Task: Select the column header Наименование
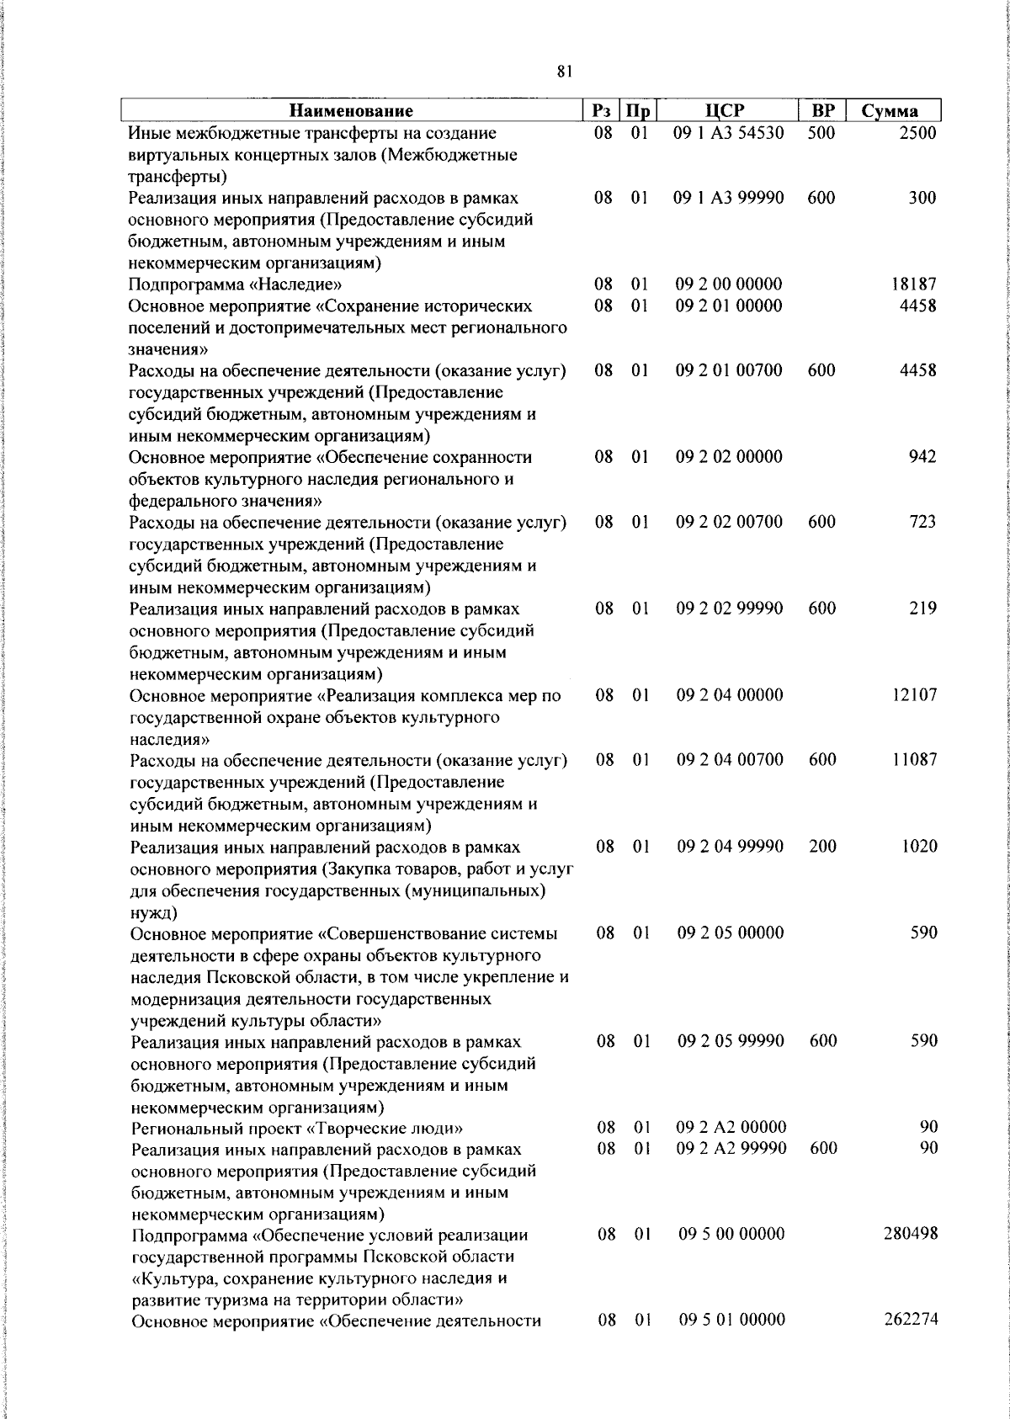tap(352, 111)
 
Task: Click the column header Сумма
tap(890, 111)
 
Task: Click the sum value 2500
tap(917, 133)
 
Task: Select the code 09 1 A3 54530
tap(729, 133)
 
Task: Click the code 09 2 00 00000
tap(729, 284)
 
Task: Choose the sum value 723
tap(922, 522)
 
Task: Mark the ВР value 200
tap(822, 847)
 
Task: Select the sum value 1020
tap(919, 847)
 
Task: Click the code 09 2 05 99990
tap(731, 1041)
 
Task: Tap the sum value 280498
tap(911, 1234)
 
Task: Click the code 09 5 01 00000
tap(731, 1320)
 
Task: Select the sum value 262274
tap(911, 1320)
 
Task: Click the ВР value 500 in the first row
tap(821, 133)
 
